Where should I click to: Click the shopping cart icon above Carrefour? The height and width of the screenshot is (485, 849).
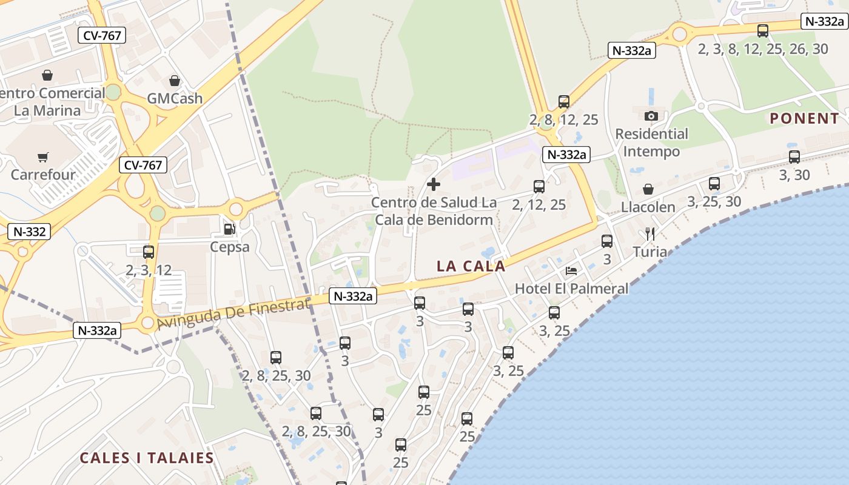(42, 158)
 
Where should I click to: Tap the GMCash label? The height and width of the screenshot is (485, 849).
(175, 98)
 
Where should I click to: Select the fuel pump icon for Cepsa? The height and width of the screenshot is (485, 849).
(229, 229)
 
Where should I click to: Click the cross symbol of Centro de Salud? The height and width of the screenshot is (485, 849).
(434, 184)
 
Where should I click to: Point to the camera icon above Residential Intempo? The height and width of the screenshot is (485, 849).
(651, 116)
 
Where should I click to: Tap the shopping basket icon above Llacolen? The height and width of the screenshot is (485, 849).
(648, 189)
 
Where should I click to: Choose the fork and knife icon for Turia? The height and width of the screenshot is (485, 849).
(649, 233)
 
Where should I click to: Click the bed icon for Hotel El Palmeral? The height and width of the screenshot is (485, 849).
(571, 270)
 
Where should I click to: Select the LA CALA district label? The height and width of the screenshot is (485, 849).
(471, 266)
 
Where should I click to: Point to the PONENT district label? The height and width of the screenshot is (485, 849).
(805, 118)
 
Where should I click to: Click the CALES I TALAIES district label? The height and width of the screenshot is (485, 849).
(147, 458)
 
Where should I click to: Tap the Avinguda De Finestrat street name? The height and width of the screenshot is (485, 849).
(233, 314)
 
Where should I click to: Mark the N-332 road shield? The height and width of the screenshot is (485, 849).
(28, 231)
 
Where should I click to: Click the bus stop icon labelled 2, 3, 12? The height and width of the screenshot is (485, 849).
(149, 252)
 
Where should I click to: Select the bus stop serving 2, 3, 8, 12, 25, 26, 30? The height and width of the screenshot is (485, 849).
(763, 30)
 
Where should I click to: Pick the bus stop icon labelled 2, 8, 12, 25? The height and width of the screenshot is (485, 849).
(564, 101)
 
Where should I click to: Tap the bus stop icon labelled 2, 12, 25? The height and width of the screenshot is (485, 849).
(539, 186)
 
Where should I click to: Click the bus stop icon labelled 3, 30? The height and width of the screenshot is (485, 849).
(794, 156)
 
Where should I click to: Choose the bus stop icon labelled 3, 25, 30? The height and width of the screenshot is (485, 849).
(714, 183)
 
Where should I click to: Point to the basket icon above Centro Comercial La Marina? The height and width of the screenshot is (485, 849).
(47, 75)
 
